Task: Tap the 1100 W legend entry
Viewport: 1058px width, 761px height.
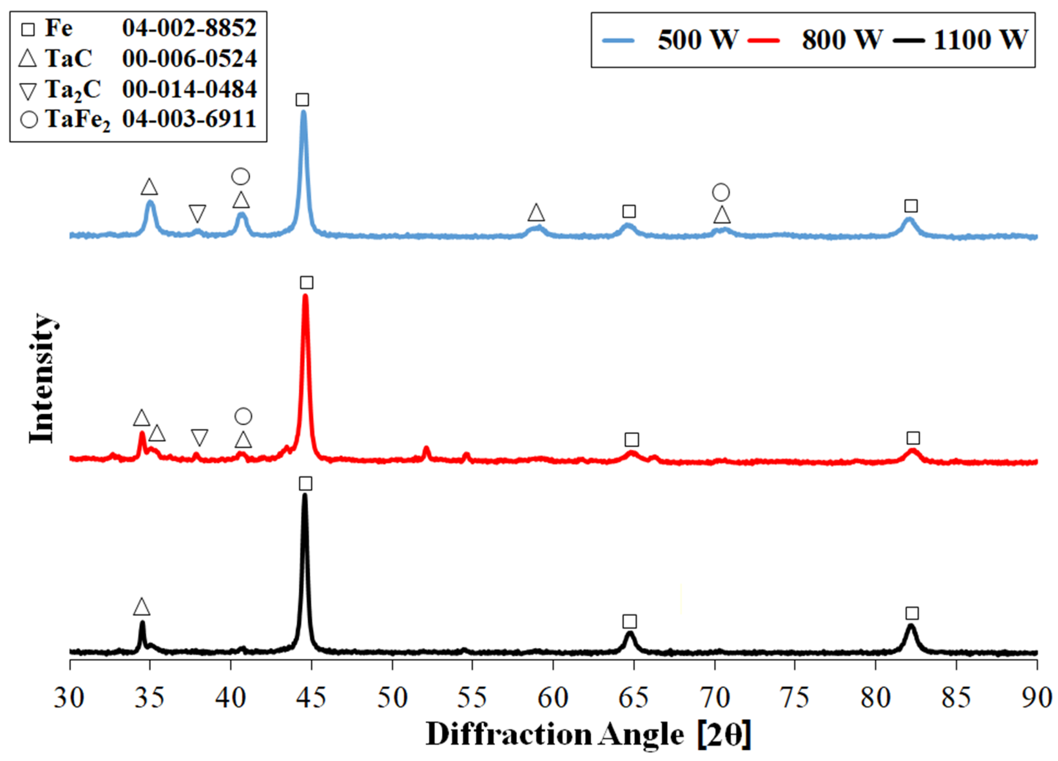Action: (x=961, y=40)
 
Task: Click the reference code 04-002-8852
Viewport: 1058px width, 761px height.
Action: (x=189, y=28)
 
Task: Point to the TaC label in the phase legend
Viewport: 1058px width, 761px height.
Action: (x=69, y=58)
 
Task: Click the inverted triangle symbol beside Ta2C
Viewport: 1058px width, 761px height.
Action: (x=28, y=90)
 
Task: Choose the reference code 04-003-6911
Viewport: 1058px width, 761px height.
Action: (x=189, y=119)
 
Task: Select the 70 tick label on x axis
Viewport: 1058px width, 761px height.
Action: (x=714, y=698)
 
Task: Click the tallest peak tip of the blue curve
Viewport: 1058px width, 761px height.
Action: (x=304, y=112)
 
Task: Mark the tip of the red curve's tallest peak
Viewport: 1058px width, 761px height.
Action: (x=306, y=296)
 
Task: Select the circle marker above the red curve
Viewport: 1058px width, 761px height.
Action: (x=243, y=416)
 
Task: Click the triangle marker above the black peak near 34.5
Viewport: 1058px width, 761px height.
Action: (x=142, y=607)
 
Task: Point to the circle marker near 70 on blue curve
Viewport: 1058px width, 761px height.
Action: (x=721, y=192)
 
